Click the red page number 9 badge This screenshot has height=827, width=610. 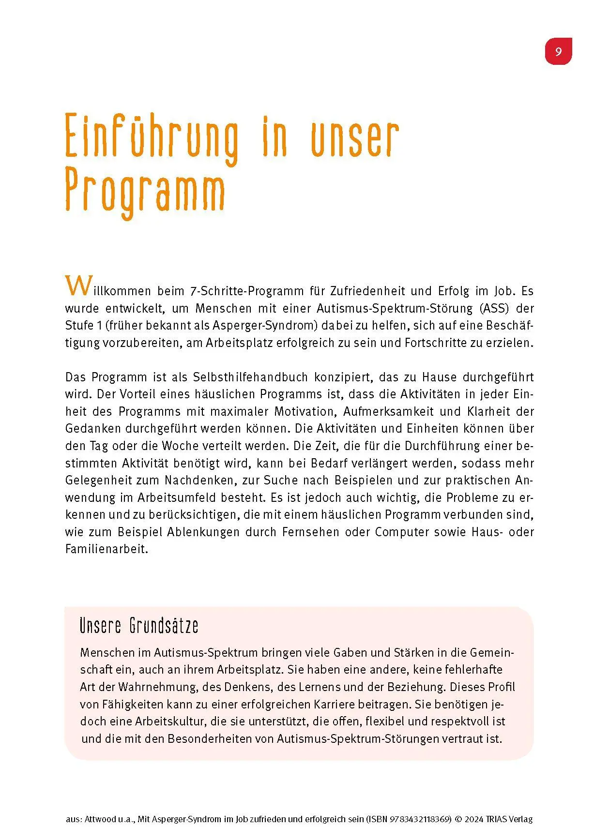click(558, 51)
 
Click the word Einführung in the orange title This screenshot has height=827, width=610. click(152, 137)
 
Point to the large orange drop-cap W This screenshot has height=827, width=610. click(77, 286)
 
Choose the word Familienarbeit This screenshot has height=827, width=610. click(107, 549)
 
